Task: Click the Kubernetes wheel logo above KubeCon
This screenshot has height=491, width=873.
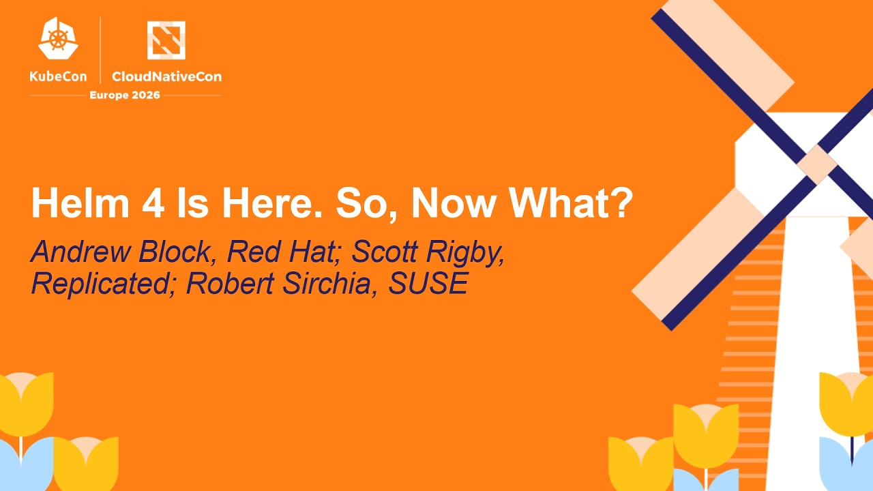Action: point(58,39)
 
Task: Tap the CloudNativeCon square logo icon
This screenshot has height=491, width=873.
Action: point(166,40)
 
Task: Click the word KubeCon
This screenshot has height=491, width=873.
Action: point(58,76)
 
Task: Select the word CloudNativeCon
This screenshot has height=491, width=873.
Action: point(166,76)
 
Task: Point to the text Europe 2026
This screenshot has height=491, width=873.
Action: point(125,95)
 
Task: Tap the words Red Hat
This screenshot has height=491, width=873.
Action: point(279,252)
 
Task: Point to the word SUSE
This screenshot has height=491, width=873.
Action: point(428,283)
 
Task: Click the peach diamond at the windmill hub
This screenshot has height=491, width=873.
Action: point(816,164)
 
